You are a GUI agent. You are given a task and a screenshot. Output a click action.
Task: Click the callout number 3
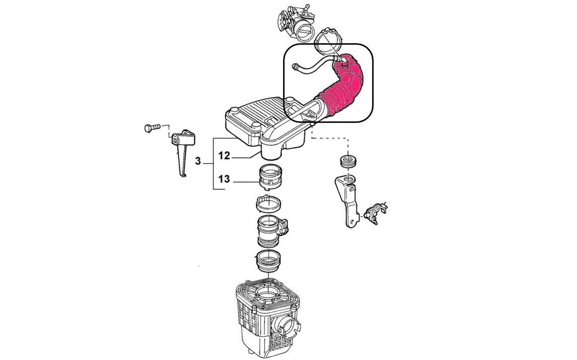pyautogui.click(x=198, y=161)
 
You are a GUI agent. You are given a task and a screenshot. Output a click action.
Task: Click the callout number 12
pyautogui.click(x=224, y=156)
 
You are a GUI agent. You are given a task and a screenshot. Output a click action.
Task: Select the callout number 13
pyautogui.click(x=224, y=179)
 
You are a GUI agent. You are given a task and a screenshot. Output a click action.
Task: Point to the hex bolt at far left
pyautogui.click(x=152, y=128)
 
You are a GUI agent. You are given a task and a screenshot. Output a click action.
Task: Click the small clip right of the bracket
pyautogui.click(x=376, y=212)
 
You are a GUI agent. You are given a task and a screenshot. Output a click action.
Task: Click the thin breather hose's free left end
pyautogui.click(x=294, y=66)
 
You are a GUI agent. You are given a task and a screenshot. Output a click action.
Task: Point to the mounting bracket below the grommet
pyautogui.click(x=347, y=200)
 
